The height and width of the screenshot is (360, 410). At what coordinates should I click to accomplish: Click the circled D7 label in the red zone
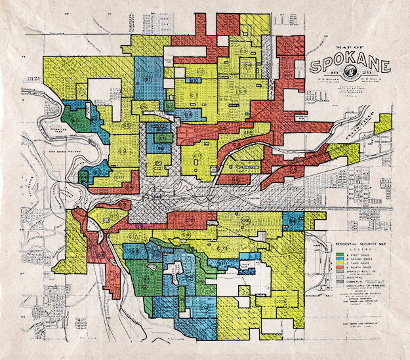[123, 205]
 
